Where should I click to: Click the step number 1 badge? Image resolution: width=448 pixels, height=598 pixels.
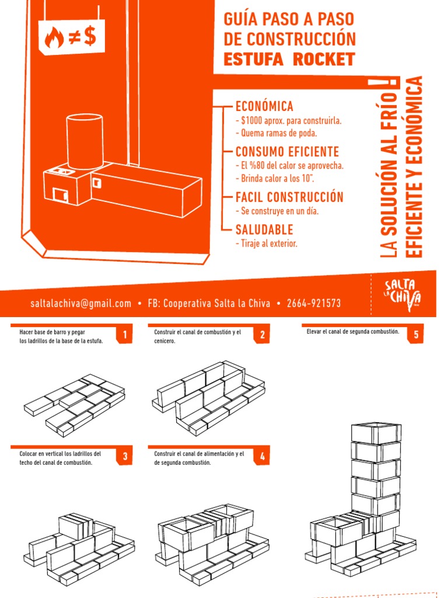(x=124, y=335)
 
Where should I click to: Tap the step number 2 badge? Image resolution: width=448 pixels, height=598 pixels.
(x=263, y=335)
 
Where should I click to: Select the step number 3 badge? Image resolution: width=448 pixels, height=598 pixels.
(x=124, y=457)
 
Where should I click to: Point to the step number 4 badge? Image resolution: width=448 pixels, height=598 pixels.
(x=263, y=457)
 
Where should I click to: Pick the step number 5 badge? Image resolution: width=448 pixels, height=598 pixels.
(x=416, y=335)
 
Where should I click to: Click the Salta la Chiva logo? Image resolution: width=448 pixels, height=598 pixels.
(x=401, y=292)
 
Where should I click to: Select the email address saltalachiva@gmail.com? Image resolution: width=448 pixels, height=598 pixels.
(x=81, y=304)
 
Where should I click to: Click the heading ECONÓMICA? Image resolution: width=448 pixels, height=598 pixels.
(x=264, y=107)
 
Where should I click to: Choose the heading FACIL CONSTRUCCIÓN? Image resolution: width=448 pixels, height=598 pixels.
(x=289, y=197)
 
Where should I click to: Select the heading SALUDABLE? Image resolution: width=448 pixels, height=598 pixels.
(x=264, y=230)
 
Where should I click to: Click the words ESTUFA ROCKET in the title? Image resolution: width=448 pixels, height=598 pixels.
(x=289, y=59)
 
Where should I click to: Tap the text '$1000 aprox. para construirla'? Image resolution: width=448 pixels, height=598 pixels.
(x=288, y=121)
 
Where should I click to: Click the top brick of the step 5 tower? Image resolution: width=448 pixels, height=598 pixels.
(x=376, y=433)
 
